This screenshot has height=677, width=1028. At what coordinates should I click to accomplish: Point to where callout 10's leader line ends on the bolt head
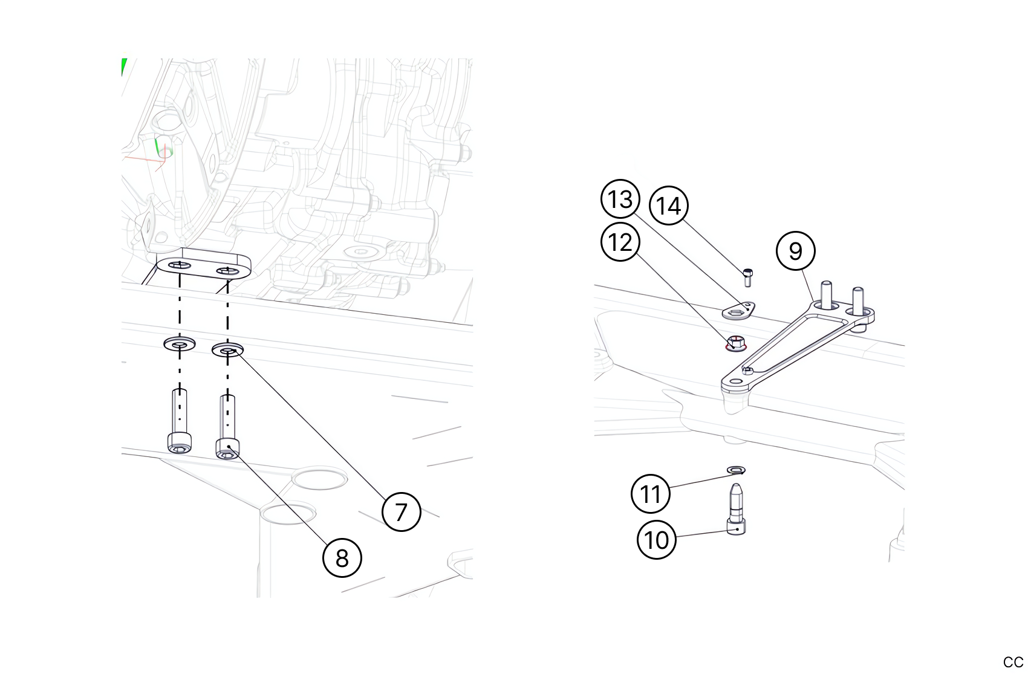pyautogui.click(x=738, y=530)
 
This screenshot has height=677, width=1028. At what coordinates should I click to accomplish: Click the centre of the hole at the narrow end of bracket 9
pyautogui.click(x=736, y=381)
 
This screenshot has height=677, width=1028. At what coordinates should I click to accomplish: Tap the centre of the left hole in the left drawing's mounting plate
pyautogui.click(x=180, y=265)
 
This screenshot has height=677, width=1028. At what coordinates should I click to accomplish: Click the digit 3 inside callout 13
pyautogui.click(x=627, y=199)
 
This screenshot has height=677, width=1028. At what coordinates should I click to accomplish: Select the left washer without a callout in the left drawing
pyautogui.click(x=180, y=343)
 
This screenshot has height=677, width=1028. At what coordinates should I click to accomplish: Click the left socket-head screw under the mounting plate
pyautogui.click(x=180, y=421)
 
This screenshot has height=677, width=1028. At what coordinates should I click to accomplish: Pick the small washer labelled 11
pyautogui.click(x=737, y=470)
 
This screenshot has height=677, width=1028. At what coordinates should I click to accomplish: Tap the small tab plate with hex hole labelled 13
pyautogui.click(x=739, y=311)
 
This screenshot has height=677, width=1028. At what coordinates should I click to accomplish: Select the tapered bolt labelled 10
pyautogui.click(x=736, y=509)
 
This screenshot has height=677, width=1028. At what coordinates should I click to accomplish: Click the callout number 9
pyautogui.click(x=795, y=251)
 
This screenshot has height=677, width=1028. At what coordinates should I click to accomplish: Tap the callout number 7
pyautogui.click(x=401, y=512)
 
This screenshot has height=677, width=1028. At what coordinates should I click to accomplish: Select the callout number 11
pyautogui.click(x=650, y=493)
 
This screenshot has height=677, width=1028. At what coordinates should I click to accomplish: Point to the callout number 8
pyautogui.click(x=342, y=558)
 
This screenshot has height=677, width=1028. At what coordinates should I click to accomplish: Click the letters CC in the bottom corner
pyautogui.click(x=1013, y=662)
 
